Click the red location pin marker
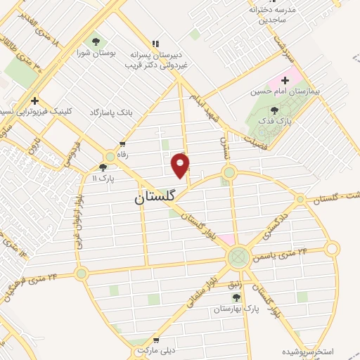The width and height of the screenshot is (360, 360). pyautogui.click(x=181, y=165)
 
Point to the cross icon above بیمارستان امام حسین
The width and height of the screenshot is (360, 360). pyautogui.click(x=285, y=80)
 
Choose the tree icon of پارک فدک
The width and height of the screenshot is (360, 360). pyautogui.click(x=274, y=110)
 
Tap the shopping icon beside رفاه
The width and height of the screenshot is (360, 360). pyautogui.click(x=124, y=143)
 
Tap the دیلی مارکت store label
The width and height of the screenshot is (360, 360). pyautogui.click(x=154, y=349)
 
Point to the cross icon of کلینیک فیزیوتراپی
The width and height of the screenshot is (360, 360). pyautogui.click(x=34, y=100)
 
